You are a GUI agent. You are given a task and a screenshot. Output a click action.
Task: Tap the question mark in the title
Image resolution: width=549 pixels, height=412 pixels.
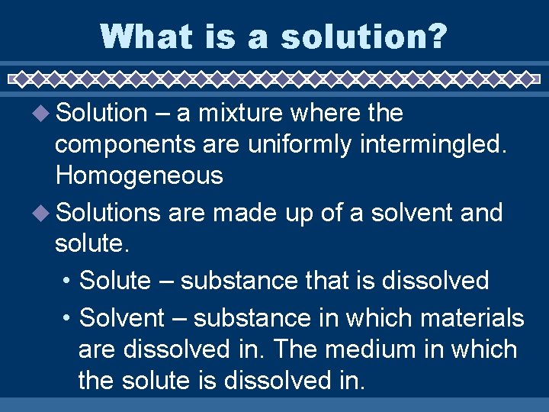point(436,36)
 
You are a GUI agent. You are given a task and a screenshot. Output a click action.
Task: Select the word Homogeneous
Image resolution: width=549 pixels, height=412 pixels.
point(139,176)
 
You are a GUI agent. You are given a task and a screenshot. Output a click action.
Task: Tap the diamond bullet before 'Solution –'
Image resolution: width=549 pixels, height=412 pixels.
point(45,114)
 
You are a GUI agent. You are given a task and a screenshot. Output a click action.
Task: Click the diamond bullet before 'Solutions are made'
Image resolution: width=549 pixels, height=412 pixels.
point(45,213)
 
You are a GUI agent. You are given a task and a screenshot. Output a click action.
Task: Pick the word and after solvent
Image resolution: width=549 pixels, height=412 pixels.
point(481,213)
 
